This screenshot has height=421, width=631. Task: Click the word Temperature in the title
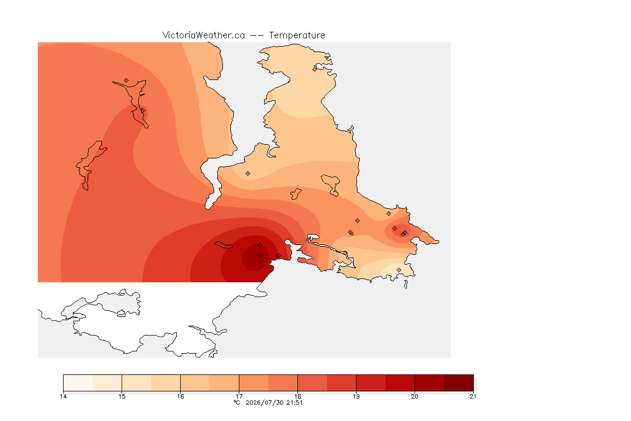[x=297, y=36]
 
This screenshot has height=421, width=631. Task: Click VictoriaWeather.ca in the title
[x=204, y=36]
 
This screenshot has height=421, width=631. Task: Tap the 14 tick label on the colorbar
[x=63, y=396]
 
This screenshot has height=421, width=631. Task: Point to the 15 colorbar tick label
[x=122, y=396]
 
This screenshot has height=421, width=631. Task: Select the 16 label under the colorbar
[x=180, y=396]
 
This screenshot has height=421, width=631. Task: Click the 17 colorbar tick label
[x=239, y=396]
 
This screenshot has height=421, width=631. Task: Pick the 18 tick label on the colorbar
[x=298, y=396]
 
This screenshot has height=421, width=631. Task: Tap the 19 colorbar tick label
[x=356, y=396]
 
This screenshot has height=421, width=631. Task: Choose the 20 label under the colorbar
[x=415, y=396]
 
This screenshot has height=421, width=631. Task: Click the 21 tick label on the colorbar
[x=473, y=396]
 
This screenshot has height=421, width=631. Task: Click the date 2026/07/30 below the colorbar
[x=264, y=402]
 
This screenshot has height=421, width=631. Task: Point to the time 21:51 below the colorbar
[x=294, y=402]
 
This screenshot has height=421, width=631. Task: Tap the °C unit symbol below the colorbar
[x=237, y=402]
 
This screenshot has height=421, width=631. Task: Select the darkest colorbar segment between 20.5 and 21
[x=459, y=383]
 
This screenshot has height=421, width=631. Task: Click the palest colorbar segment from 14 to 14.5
[x=78, y=383]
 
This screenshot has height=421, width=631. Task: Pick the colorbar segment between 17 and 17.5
[x=254, y=383]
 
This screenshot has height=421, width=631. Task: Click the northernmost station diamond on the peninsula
[x=315, y=69]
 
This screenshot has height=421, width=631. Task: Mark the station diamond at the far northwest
[x=127, y=81]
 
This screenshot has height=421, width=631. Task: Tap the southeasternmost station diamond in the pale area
[x=399, y=270]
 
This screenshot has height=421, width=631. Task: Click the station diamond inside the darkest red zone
[x=260, y=256]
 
